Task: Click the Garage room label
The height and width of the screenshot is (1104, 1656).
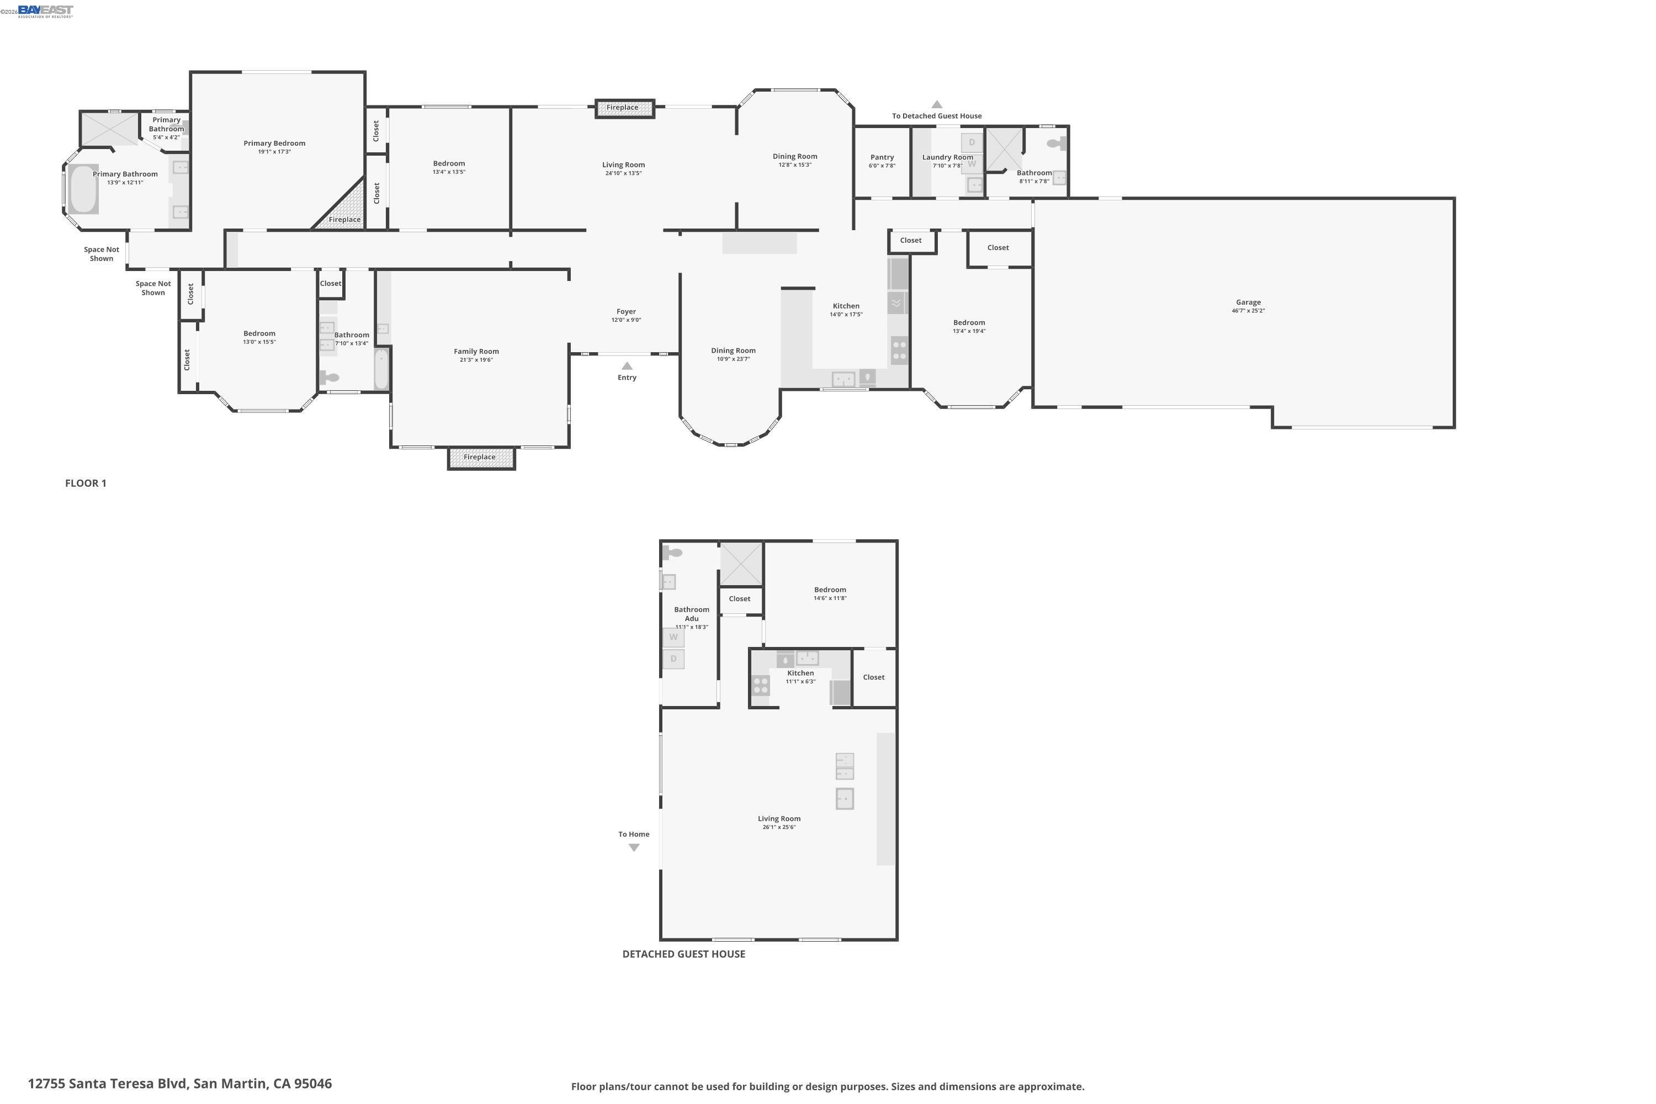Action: click(x=1248, y=302)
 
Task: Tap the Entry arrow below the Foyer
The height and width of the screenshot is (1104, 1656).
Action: click(x=627, y=366)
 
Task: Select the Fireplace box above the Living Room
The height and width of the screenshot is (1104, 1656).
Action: click(x=624, y=108)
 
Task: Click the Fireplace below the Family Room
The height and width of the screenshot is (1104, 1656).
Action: click(x=481, y=458)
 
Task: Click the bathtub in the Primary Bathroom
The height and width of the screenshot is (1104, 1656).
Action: click(x=83, y=189)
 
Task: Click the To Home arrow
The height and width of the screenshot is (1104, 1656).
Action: click(x=634, y=848)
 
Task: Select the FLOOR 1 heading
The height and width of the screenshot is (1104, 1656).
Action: click(x=86, y=483)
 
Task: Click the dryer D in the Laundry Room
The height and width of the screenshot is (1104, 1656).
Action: click(x=972, y=142)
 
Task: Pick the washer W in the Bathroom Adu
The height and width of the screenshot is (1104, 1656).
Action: click(x=673, y=637)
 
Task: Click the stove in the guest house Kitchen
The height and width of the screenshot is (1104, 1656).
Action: click(x=761, y=685)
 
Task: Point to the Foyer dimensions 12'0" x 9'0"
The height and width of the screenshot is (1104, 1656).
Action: click(x=626, y=320)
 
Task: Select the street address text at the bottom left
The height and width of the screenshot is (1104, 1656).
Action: click(x=179, y=1084)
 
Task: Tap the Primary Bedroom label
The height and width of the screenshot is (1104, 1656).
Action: click(x=274, y=144)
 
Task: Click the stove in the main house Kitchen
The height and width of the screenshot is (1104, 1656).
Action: click(x=899, y=350)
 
